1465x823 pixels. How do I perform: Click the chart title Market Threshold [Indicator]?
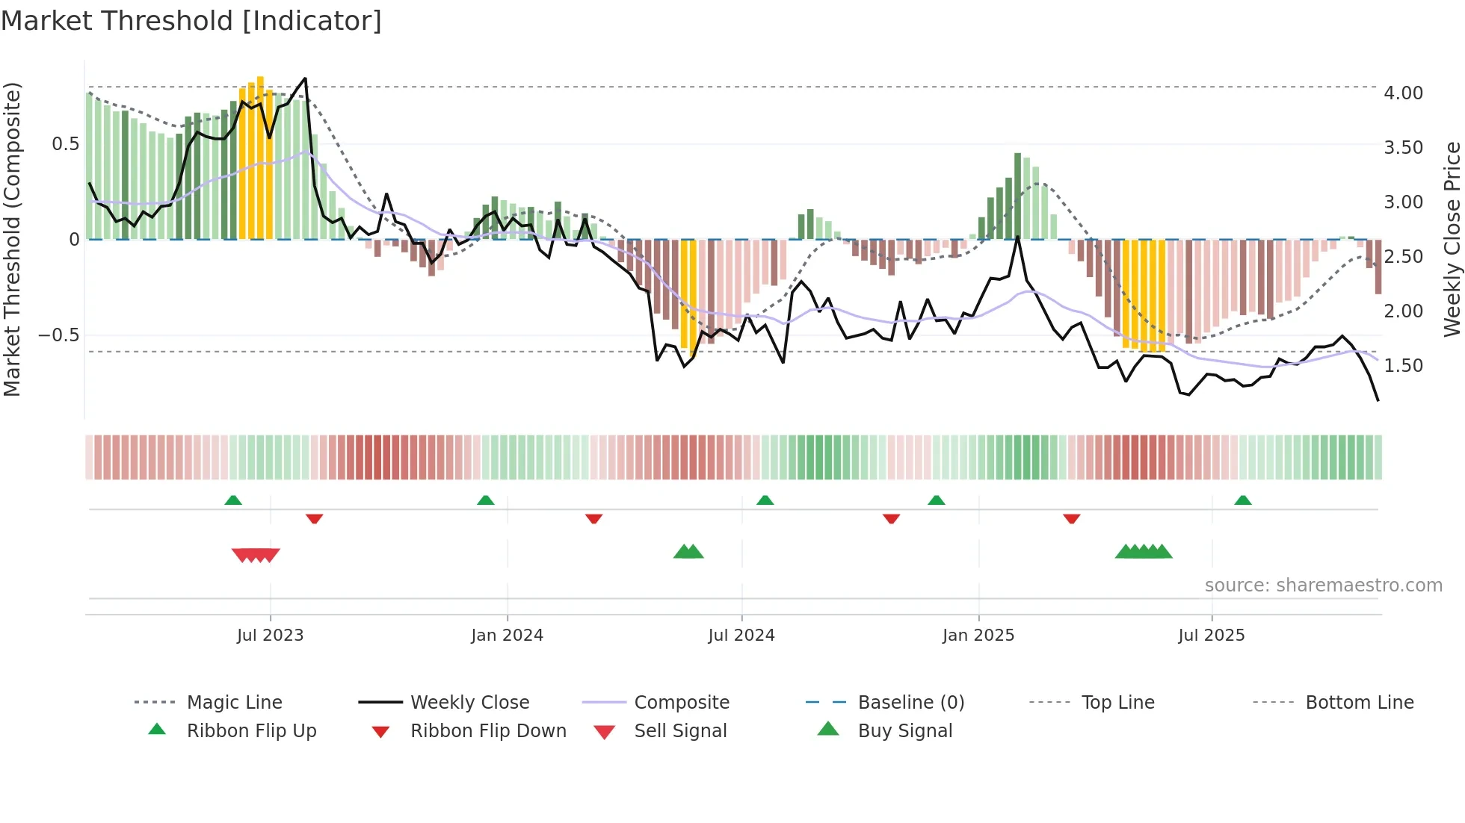click(191, 21)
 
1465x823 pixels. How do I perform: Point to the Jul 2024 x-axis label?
click(741, 636)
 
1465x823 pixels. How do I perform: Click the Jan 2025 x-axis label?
click(978, 636)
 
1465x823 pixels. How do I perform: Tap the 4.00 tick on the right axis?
click(1403, 93)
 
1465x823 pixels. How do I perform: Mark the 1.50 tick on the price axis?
click(1403, 366)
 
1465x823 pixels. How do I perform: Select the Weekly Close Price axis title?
click(1452, 239)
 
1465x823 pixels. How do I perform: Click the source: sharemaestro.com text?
click(1323, 586)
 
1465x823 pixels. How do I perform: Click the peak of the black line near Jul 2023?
click(305, 78)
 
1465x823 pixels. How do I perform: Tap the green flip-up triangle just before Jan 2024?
click(486, 500)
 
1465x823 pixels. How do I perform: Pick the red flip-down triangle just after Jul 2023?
click(314, 518)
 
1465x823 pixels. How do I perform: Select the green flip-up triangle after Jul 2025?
click(1242, 500)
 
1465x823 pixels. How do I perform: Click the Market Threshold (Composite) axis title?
click(12, 239)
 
